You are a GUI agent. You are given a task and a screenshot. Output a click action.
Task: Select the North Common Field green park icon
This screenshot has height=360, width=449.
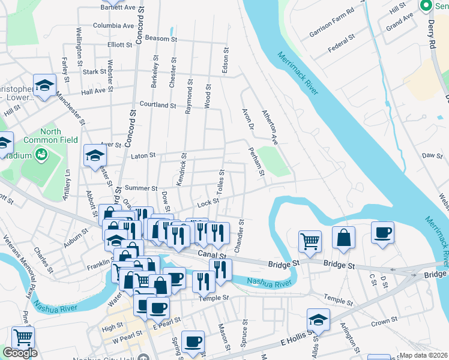(41, 155)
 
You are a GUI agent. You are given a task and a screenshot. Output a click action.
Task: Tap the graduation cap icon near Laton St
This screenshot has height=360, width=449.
(94, 156)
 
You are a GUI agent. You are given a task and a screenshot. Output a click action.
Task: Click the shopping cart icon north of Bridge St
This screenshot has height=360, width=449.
(310, 241)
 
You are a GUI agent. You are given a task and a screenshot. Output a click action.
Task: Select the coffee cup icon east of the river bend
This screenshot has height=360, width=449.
(382, 233)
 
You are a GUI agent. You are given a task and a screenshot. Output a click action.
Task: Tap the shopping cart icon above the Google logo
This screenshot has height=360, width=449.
(23, 338)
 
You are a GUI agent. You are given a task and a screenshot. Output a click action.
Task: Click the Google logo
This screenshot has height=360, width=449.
(20, 353)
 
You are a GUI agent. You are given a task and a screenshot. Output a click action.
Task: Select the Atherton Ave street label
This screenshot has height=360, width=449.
(269, 127)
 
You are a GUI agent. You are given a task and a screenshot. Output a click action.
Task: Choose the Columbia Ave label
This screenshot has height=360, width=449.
(113, 26)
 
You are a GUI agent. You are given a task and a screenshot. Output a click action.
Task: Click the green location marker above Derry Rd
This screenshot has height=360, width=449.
(426, 6)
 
